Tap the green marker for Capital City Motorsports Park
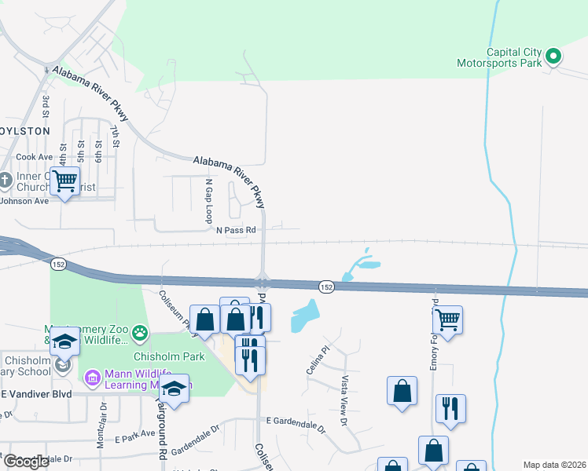click(553, 56)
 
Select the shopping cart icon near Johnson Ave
click(65, 181)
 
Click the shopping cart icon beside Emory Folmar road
click(447, 319)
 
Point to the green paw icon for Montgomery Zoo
click(140, 334)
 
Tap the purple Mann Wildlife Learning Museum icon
click(92, 378)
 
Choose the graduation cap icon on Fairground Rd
click(175, 388)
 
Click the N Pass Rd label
click(237, 230)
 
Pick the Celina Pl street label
click(319, 359)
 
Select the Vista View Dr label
click(344, 391)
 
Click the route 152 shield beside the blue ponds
click(327, 287)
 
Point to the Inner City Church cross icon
click(6, 181)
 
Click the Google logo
click(26, 462)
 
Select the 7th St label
click(115, 137)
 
